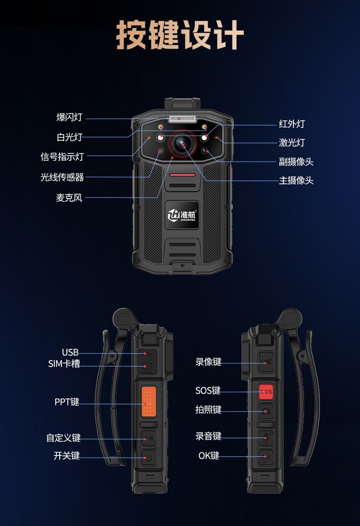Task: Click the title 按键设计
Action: (180, 35)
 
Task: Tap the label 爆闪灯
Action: (69, 117)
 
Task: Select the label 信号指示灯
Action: (62, 156)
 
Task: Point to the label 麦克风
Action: (69, 198)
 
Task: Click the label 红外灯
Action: (292, 124)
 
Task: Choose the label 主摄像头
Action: (296, 180)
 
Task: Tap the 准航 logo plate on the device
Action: (182, 215)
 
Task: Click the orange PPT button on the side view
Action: (149, 401)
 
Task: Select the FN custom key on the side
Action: (149, 438)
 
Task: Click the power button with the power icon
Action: (149, 457)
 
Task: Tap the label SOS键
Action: (208, 390)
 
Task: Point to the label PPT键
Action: (67, 402)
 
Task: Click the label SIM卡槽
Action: (64, 363)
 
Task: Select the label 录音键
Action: (209, 436)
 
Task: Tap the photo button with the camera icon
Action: (266, 411)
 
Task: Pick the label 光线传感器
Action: (62, 177)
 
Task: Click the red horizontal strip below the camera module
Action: (182, 175)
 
